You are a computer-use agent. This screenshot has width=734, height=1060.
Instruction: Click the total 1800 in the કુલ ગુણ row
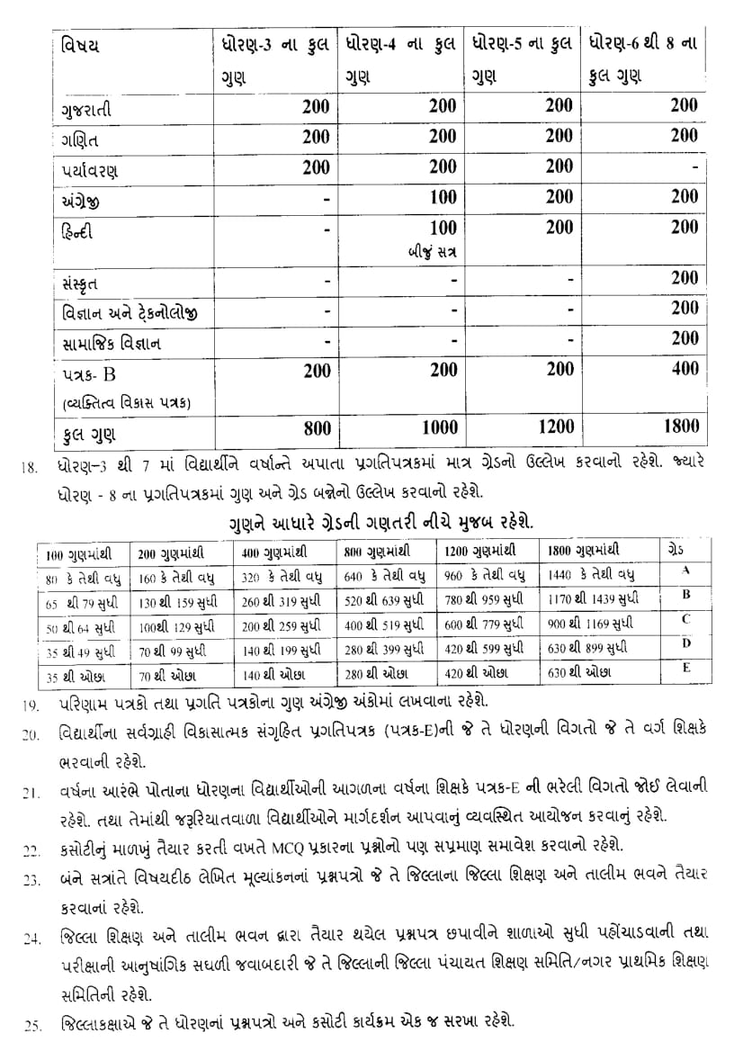[x=697, y=428]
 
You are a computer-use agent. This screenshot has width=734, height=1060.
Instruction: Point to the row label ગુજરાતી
[x=88, y=108]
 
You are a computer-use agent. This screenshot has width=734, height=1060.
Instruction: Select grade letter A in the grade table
[x=685, y=570]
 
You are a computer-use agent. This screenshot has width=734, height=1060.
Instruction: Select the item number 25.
[x=31, y=1025]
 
